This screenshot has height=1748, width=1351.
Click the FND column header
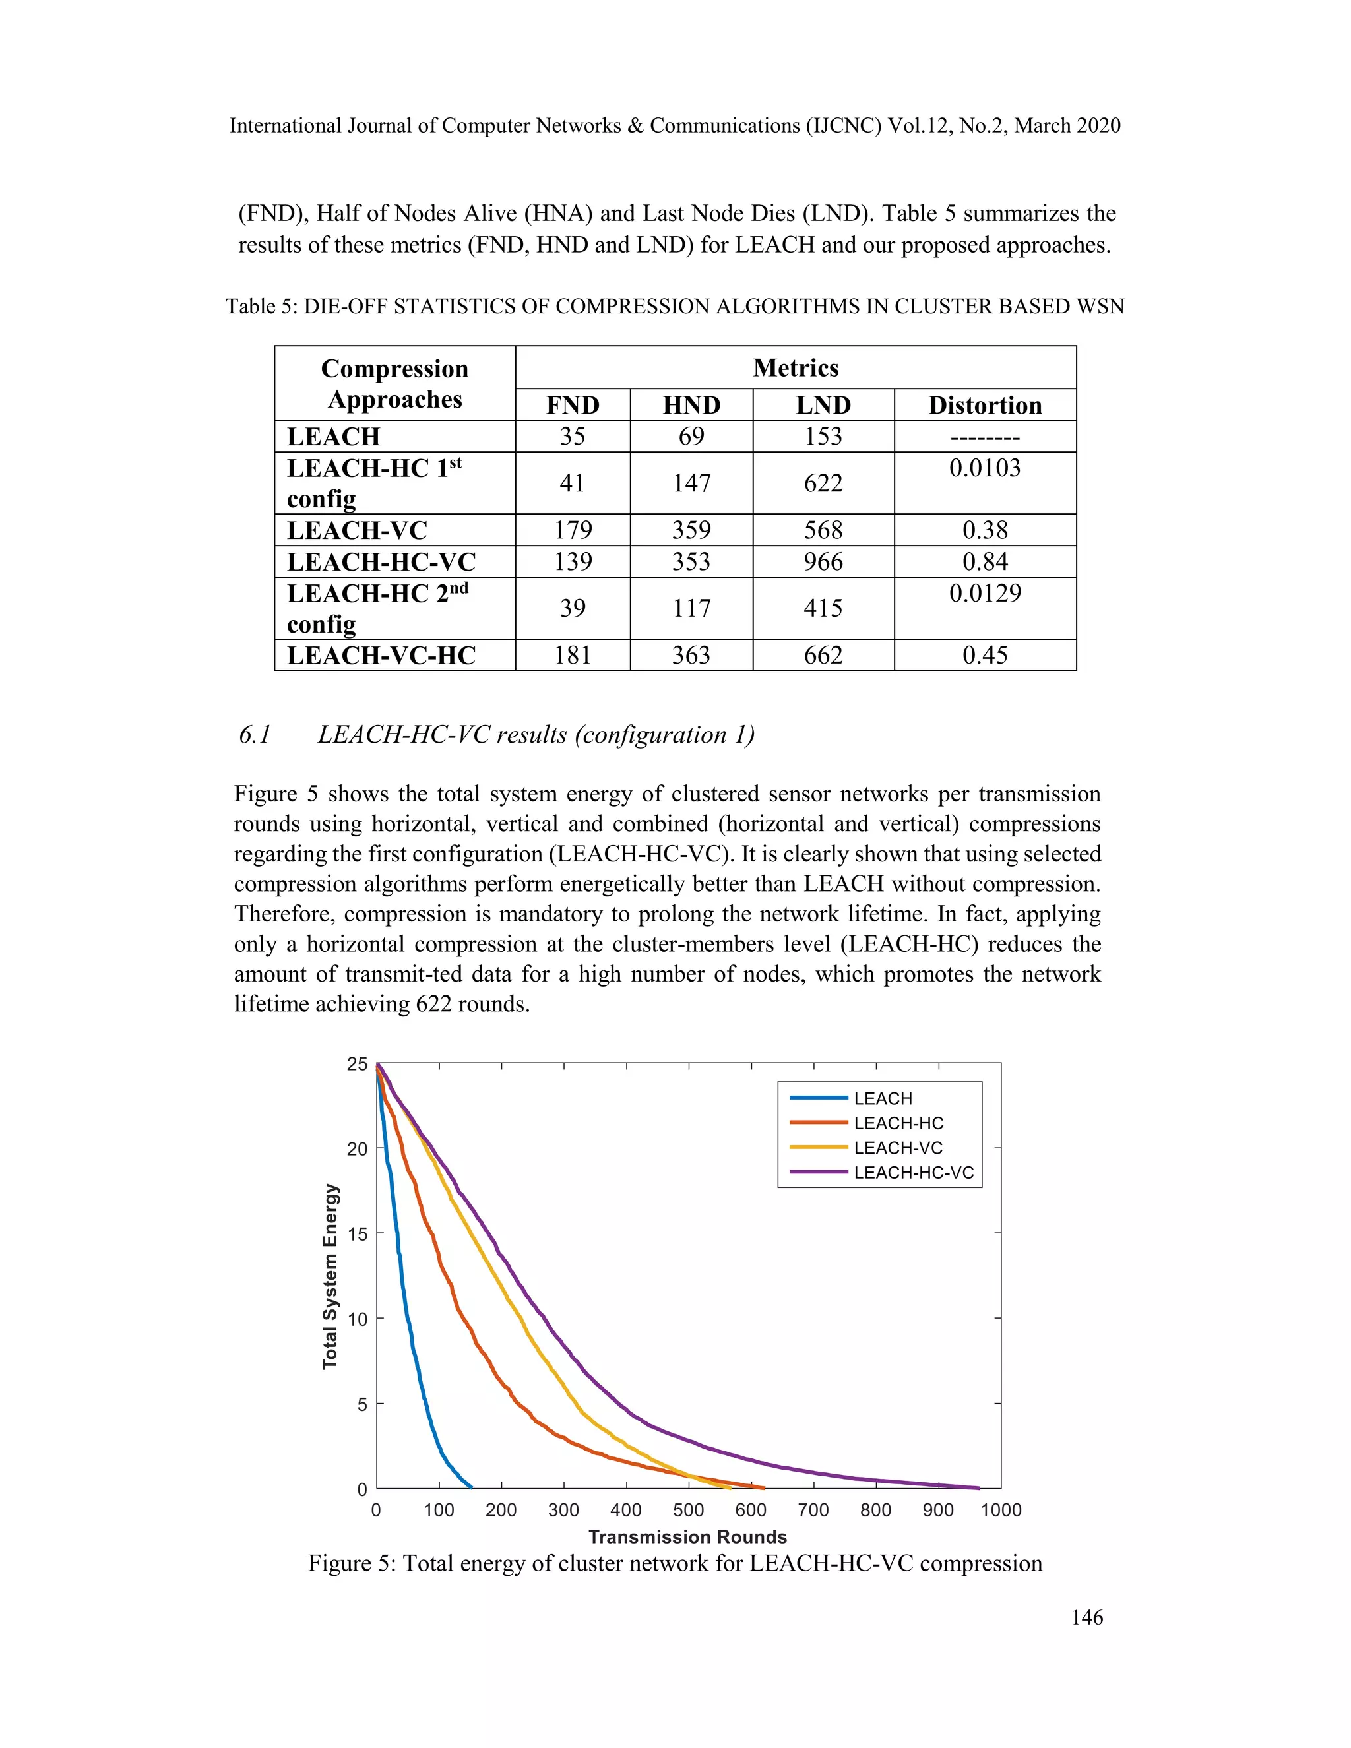tap(572, 405)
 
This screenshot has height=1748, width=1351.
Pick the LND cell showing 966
tap(823, 561)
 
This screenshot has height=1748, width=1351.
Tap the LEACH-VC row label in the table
tap(357, 530)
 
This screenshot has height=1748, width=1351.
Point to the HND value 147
tap(691, 483)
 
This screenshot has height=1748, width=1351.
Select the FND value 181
tap(572, 655)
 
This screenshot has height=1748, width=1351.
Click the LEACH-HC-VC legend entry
tap(913, 1173)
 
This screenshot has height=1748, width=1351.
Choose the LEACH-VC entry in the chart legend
tap(898, 1148)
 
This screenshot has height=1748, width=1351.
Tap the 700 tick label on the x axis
tap(813, 1509)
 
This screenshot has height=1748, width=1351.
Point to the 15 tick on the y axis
tap(357, 1233)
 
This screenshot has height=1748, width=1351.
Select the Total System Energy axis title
tap(330, 1276)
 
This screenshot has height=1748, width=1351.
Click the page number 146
tap(1087, 1617)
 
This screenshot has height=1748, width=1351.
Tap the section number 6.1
tap(255, 735)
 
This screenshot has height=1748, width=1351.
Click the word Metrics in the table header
tap(796, 367)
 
